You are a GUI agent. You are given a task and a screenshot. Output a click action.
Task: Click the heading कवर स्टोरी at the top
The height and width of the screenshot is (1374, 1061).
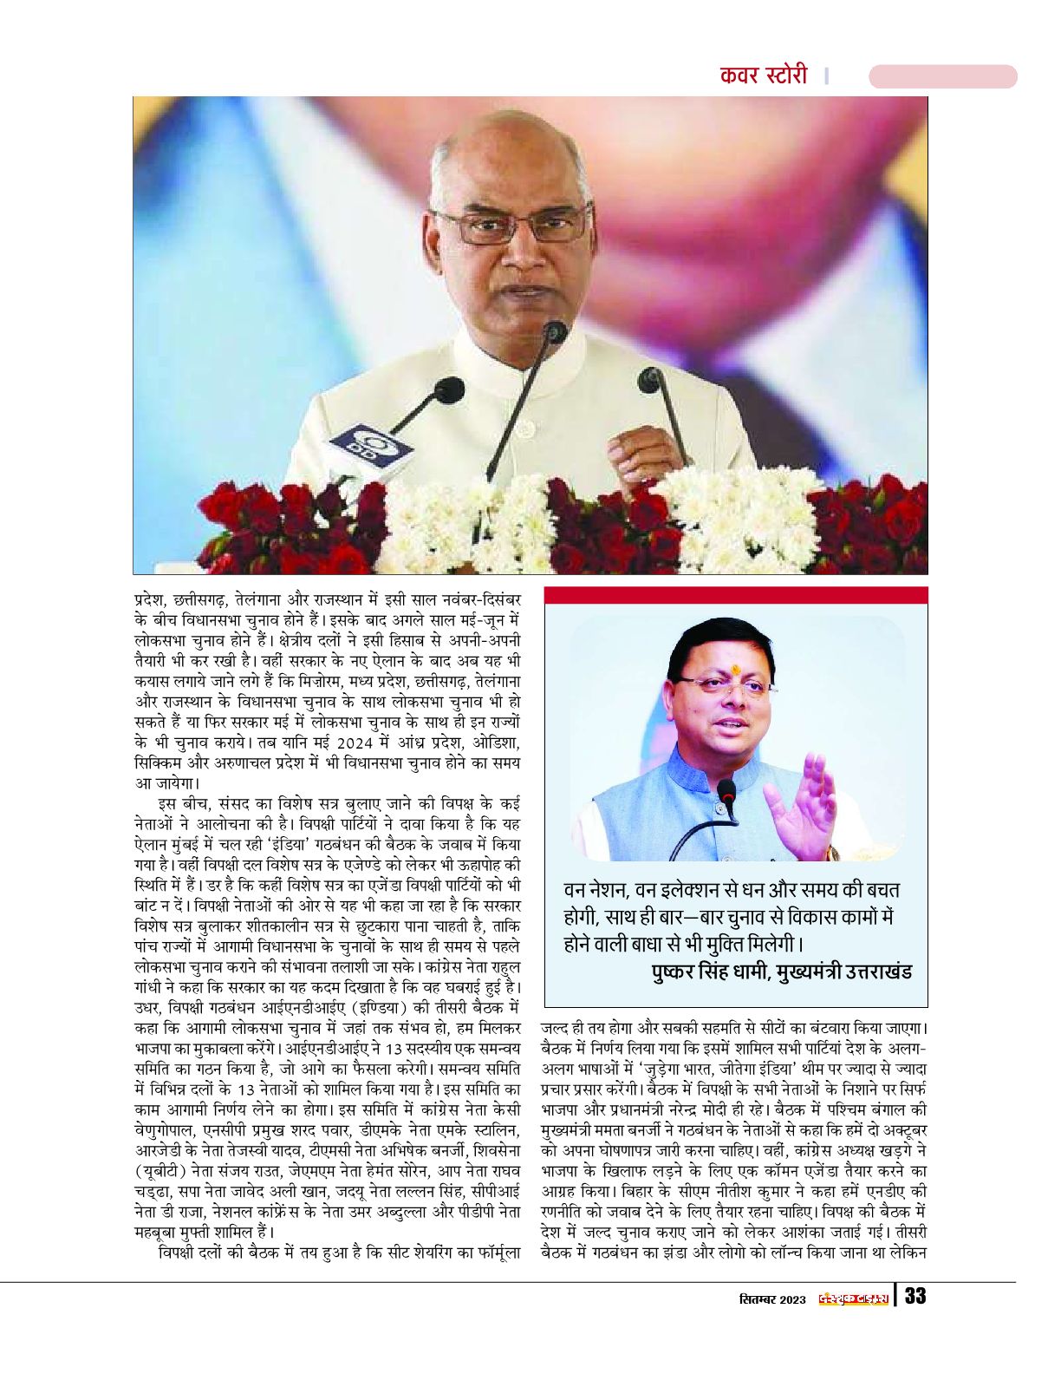pos(763,75)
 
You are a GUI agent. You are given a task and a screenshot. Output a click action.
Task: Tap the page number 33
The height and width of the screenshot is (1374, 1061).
pos(915,1297)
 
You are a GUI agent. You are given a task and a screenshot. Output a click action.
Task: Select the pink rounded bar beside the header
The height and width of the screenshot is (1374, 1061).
pos(942,76)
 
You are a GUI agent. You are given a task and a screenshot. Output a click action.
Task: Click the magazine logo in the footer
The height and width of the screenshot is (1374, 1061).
pos(854,1299)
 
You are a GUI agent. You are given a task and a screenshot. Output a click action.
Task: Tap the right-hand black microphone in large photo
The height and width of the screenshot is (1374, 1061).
pos(651,382)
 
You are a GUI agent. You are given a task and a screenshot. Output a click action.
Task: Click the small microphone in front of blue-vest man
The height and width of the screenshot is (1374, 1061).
pos(726,790)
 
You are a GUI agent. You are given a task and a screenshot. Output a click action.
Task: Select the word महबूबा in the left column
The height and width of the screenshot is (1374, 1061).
pos(162,1232)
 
